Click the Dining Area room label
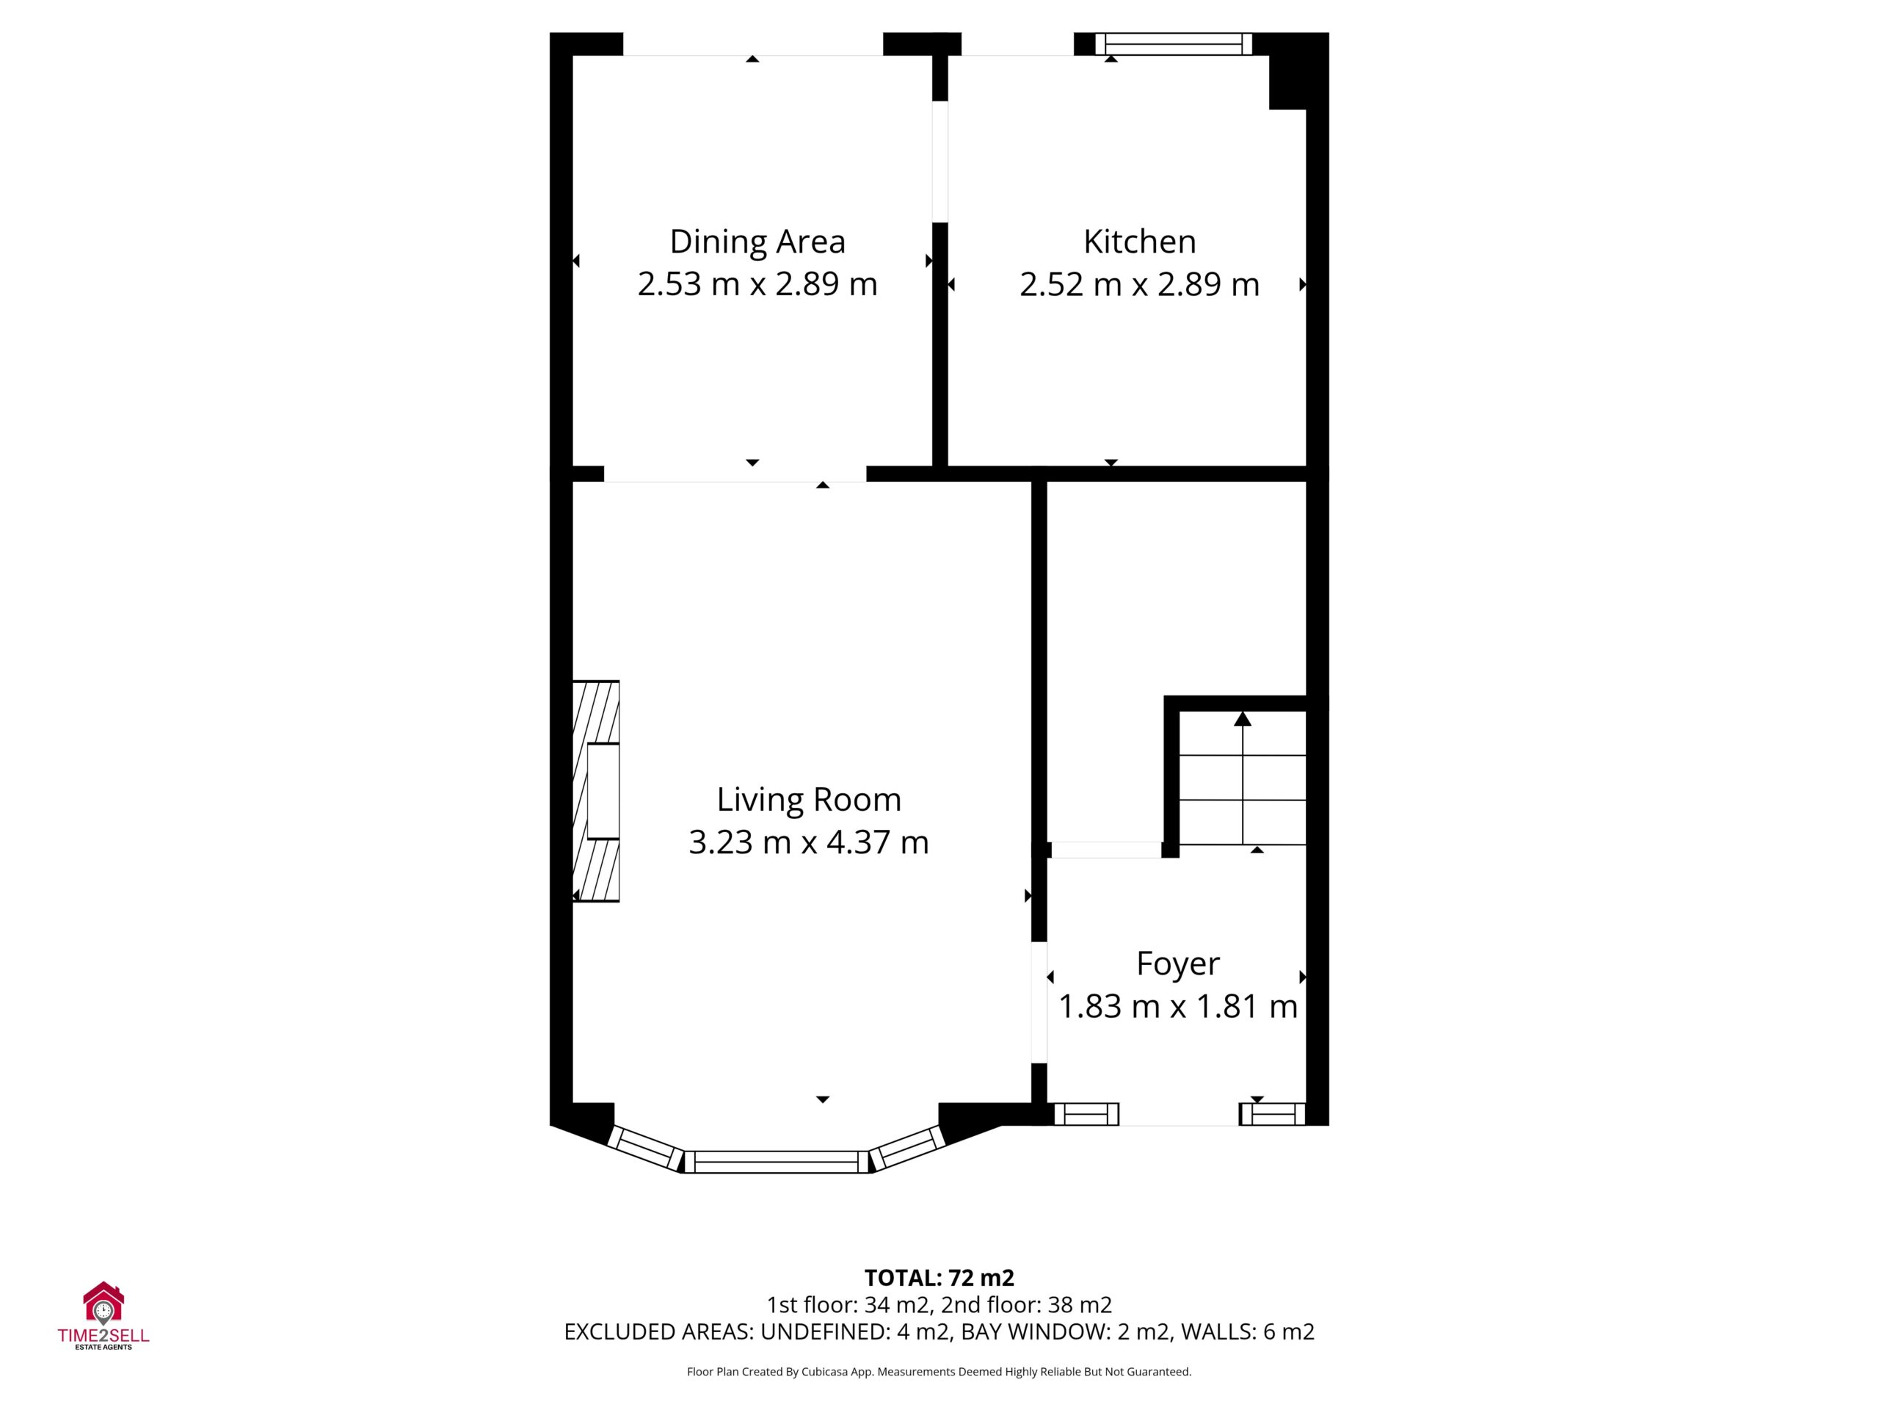tap(757, 242)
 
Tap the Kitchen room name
tap(1139, 242)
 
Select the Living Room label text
tap(809, 799)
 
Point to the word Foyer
tap(1177, 963)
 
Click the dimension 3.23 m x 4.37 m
tap(809, 842)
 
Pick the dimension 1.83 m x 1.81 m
tap(1177, 1006)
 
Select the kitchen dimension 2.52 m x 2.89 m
tap(1139, 284)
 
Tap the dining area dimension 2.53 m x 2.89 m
tap(757, 284)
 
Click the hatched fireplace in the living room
tap(595, 790)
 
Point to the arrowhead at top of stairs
tap(1243, 719)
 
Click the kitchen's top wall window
tap(1173, 44)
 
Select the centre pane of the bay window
tap(777, 1162)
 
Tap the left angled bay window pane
tap(647, 1149)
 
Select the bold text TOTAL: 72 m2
tap(939, 1277)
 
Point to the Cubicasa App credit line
tap(939, 1371)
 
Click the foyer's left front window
tap(1086, 1113)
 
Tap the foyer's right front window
tap(1273, 1113)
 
